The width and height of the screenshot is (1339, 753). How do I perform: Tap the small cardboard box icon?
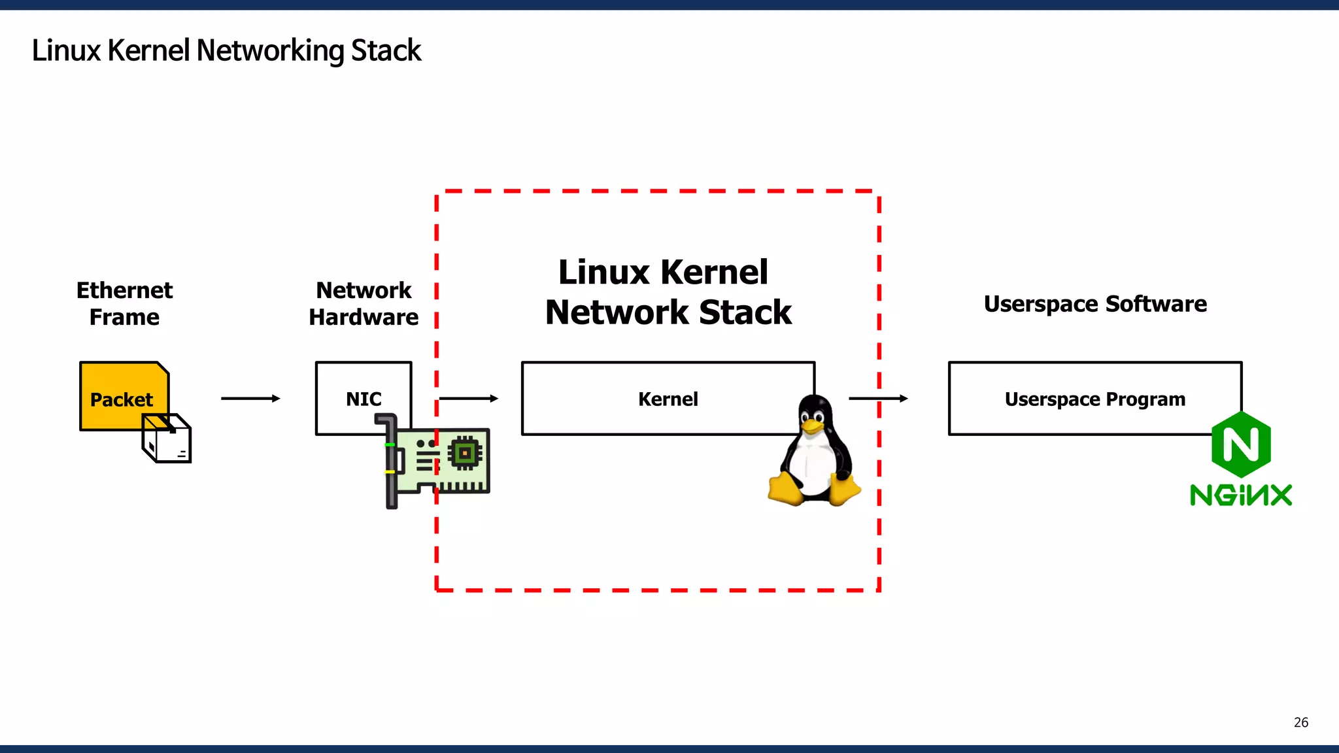[167, 439]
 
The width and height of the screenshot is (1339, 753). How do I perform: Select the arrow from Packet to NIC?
[250, 398]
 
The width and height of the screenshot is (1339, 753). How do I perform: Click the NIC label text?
[364, 399]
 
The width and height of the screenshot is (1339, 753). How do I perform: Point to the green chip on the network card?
[465, 453]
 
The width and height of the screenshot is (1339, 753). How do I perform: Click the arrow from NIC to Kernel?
[468, 398]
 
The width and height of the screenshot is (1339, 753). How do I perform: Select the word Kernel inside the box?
[668, 399]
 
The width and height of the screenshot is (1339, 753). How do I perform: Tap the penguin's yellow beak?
[812, 427]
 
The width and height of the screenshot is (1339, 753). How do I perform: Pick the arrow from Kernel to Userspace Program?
[878, 398]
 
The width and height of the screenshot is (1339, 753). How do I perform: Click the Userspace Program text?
[1094, 399]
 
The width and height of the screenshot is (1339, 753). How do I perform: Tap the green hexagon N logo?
[1240, 444]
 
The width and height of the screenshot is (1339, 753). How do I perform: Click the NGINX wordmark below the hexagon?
[1240, 495]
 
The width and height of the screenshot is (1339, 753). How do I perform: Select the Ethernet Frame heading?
[124, 303]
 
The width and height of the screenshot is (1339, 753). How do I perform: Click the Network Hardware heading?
[364, 303]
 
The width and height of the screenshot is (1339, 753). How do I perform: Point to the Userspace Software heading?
[1095, 304]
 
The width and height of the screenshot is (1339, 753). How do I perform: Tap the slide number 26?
[1300, 722]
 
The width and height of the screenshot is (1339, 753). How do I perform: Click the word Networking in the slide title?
[270, 51]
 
